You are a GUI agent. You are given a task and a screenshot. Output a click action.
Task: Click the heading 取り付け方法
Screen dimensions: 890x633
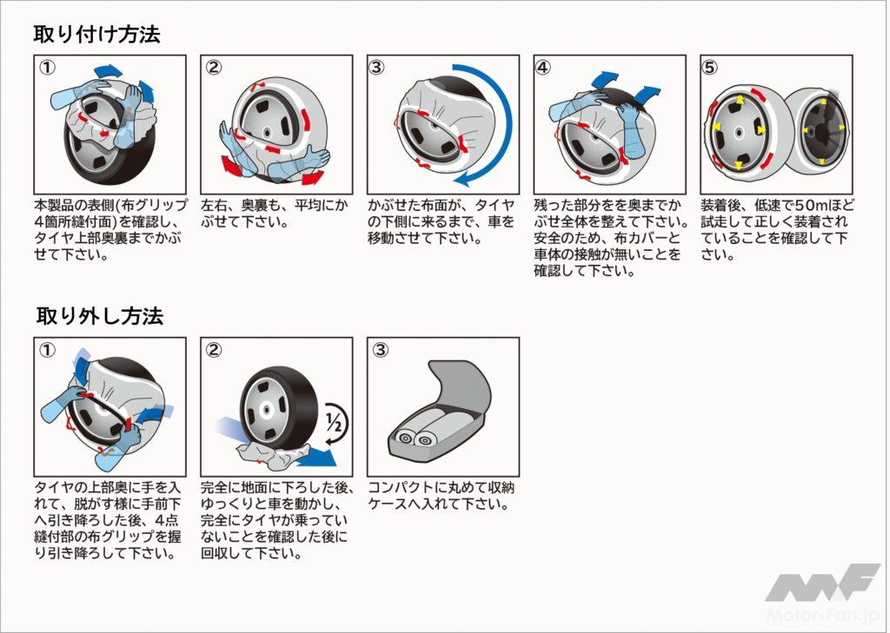97,34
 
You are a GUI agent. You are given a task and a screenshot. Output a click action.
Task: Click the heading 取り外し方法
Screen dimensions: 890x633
100,316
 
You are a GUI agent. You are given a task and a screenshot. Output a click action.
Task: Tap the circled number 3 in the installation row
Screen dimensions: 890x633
376,68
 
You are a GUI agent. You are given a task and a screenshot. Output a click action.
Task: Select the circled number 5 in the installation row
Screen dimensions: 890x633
709,68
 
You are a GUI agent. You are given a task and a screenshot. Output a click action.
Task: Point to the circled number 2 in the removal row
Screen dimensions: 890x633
214,350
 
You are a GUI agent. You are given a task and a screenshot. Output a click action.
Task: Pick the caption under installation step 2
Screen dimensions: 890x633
275,213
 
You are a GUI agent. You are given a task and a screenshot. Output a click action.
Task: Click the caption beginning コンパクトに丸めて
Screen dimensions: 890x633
442,496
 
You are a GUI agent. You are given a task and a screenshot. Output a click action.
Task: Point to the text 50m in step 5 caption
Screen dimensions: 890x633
807,205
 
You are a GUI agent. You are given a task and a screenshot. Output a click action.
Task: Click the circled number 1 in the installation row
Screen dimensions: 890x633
47,68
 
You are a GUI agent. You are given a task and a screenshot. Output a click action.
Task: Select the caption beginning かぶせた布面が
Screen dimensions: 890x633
441,221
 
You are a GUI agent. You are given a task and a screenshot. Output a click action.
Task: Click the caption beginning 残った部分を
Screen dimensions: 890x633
611,238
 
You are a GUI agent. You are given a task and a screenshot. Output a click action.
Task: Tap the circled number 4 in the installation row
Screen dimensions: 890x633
542,68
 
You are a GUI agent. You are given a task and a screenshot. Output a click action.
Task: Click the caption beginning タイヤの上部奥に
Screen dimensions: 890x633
108,520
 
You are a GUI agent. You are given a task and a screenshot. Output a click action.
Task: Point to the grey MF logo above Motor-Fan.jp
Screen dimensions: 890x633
822,583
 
